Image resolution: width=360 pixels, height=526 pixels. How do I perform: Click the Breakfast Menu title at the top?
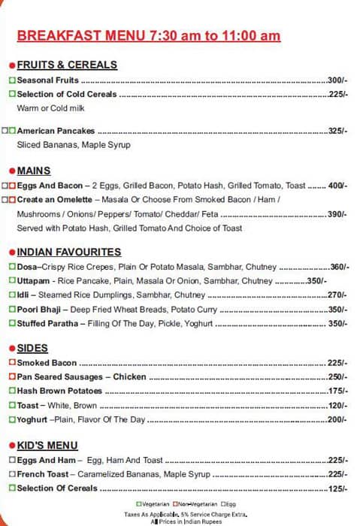tap(149, 35)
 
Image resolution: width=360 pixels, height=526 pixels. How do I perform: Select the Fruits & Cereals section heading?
tap(67, 65)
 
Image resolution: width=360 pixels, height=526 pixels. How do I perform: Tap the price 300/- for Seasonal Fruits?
tap(337, 80)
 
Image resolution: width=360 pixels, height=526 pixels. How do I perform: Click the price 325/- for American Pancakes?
tap(337, 131)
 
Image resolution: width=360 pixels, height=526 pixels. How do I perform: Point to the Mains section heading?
tap(34, 171)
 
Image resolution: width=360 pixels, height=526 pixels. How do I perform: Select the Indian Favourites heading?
tap(68, 252)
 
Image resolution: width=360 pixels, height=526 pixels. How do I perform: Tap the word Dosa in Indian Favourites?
tap(26, 267)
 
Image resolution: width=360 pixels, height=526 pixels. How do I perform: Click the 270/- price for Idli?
tap(337, 295)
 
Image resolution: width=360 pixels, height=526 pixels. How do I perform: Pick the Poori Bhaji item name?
tap(40, 309)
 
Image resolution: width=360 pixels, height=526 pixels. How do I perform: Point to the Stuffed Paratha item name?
tap(48, 323)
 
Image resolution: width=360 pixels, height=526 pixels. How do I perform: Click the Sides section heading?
tap(32, 348)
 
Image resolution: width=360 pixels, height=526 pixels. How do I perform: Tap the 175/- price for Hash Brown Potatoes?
tap(337, 391)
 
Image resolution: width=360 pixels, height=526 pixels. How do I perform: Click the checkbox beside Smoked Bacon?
tap(12, 363)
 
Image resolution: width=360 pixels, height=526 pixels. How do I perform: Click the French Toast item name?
tap(42, 474)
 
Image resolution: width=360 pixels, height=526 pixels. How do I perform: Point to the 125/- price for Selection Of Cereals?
tap(337, 488)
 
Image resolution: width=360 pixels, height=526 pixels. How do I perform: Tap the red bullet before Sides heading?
tap(11, 349)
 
